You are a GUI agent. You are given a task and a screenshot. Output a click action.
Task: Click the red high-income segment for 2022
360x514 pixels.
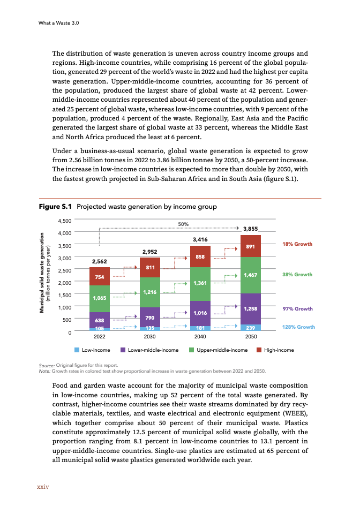point(99,276)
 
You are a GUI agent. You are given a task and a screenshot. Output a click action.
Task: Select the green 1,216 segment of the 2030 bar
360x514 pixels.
point(150,292)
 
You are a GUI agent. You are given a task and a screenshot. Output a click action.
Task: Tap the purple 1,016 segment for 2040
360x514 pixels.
point(200,313)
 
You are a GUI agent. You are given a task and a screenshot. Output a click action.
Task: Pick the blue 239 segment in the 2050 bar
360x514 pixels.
point(251,327)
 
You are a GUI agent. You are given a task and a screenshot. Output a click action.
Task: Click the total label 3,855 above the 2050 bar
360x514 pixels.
point(251,229)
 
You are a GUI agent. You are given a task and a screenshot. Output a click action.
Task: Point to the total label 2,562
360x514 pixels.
point(99,261)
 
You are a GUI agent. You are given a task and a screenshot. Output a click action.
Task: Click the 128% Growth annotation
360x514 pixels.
point(298,327)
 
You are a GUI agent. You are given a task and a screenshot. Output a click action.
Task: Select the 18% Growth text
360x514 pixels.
point(297,244)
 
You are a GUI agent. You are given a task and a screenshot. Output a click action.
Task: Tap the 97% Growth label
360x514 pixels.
point(297,309)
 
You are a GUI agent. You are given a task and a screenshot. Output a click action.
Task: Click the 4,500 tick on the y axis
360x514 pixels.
point(65,220)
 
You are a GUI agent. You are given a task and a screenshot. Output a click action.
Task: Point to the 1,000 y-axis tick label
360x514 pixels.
point(65,307)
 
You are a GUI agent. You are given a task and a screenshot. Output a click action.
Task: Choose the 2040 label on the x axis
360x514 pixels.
point(200,338)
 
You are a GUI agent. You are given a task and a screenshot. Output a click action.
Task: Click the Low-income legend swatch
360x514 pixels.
point(77,350)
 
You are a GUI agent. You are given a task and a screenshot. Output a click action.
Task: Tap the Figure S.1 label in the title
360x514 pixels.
point(56,207)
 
